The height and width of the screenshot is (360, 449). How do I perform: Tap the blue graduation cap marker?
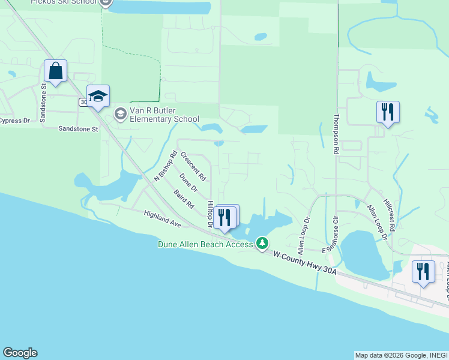(98, 96)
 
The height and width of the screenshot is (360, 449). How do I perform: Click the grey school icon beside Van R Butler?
(121, 113)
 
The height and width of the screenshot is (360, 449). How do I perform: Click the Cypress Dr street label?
(14, 121)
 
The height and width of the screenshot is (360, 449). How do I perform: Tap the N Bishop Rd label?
(165, 166)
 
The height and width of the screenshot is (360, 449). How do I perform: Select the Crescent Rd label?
(193, 166)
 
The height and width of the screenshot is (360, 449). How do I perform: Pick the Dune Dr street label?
(188, 182)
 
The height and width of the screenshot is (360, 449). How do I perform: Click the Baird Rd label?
(184, 199)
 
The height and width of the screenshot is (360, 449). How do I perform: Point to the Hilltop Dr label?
(211, 214)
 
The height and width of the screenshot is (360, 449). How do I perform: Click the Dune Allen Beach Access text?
(205, 244)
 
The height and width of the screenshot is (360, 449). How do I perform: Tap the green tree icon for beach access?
(262, 243)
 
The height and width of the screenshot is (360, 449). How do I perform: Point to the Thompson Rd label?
(337, 135)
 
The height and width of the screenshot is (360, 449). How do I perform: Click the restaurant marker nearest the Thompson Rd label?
(388, 112)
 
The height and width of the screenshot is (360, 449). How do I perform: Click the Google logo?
(20, 353)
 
